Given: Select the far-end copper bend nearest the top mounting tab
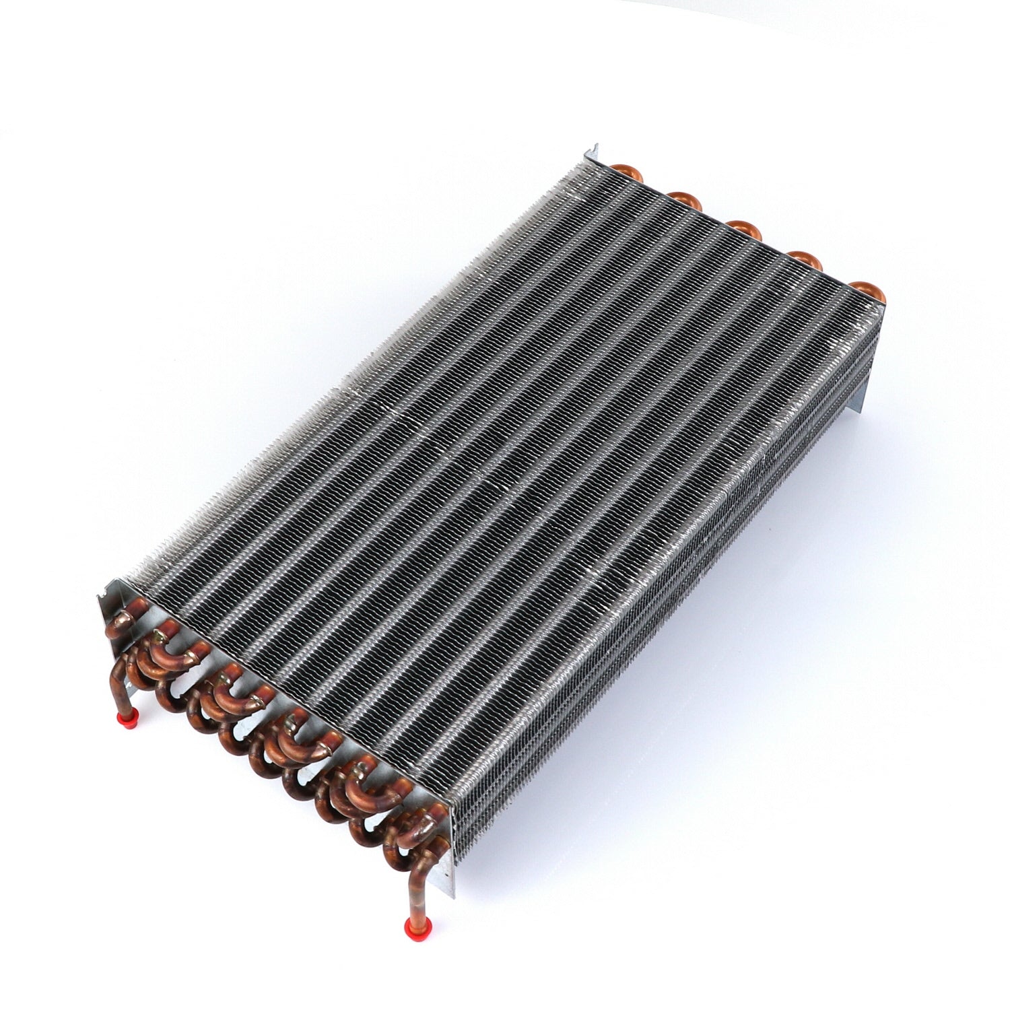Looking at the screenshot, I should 632,172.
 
